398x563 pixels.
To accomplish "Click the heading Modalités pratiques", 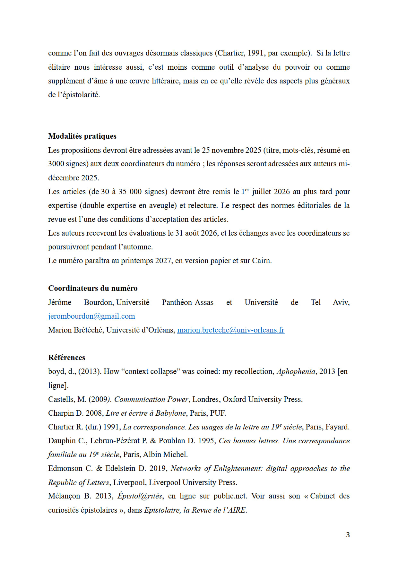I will [82, 136].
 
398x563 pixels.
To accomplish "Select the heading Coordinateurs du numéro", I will [93, 288].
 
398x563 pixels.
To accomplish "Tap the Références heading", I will [67, 358].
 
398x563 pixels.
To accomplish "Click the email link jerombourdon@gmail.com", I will [91, 316].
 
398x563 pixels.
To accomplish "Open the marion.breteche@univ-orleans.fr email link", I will [230, 330].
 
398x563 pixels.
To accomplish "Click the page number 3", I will [348, 535].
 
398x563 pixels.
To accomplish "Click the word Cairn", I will [261, 261].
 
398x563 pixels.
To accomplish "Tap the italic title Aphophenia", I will [296, 371].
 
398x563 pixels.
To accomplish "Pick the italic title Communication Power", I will [151, 399].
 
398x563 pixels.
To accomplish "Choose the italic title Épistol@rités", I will [140, 496].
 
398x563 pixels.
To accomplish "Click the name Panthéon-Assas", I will [187, 302].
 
